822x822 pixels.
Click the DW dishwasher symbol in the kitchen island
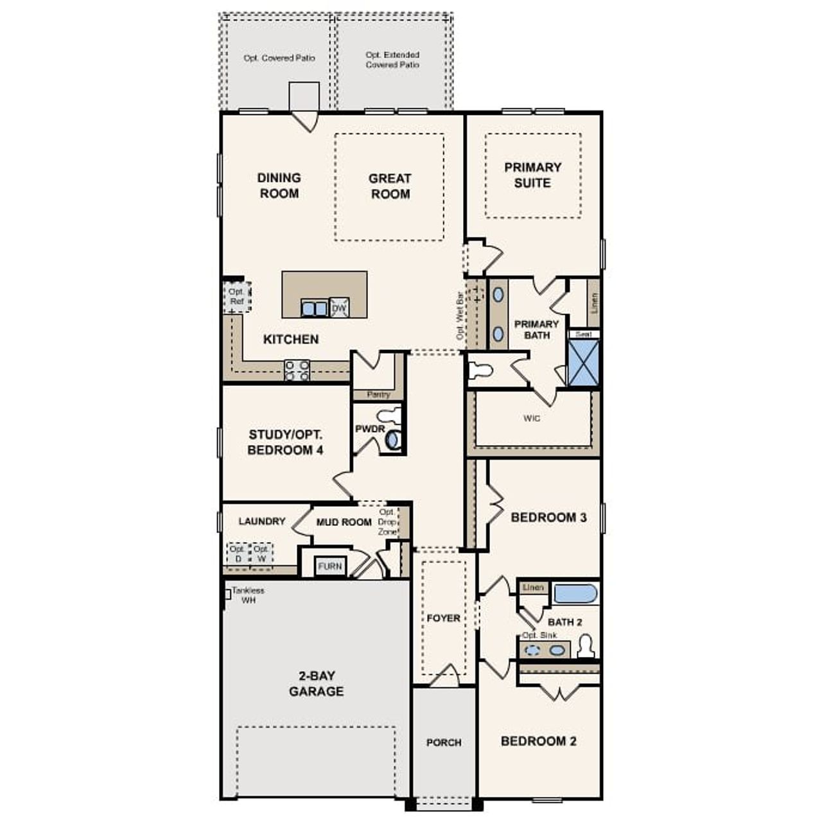pos(339,309)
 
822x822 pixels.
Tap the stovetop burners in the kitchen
pos(297,371)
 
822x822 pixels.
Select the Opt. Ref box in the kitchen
pos(237,297)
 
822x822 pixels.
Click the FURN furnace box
pos(330,566)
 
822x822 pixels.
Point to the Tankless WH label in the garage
pos(247,595)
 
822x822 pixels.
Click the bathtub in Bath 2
pos(575,593)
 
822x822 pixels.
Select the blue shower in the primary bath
pos(584,363)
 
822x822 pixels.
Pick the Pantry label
pos(378,394)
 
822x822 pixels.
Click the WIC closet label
pos(532,419)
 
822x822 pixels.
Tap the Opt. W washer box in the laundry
pos(261,554)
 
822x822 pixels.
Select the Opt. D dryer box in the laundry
pos(237,554)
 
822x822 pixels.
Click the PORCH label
pos(444,742)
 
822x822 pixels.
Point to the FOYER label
pos(444,618)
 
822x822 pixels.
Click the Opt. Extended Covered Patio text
pos(392,60)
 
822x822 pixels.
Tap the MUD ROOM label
pos(344,522)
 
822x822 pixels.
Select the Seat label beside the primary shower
pos(583,335)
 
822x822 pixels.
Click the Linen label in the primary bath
pos(594,302)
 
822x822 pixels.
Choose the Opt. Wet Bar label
pos(460,316)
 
